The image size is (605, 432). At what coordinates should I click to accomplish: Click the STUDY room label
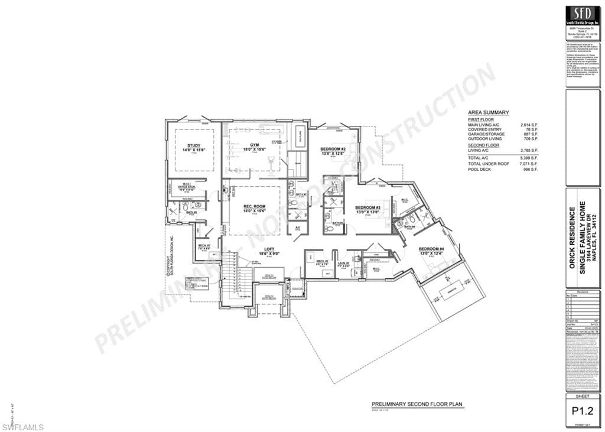[x=194, y=145]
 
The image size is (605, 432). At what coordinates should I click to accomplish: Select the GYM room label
[x=255, y=145]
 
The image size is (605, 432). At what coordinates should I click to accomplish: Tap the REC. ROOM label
[x=255, y=207]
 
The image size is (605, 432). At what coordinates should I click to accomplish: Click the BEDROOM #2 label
[x=333, y=149]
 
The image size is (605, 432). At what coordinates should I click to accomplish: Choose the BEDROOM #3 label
[x=367, y=208]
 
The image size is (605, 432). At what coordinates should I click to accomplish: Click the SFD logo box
[x=583, y=15]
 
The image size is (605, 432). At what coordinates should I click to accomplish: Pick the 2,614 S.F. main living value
[x=529, y=125]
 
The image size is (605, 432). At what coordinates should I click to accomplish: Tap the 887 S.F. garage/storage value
[x=531, y=135]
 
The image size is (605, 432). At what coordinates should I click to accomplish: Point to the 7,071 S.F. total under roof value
[x=529, y=164]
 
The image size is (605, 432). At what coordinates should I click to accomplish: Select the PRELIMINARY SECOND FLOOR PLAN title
[x=417, y=404]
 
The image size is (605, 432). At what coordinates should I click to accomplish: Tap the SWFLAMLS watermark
[x=22, y=426]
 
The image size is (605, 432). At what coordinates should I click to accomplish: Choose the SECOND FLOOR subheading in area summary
[x=483, y=145]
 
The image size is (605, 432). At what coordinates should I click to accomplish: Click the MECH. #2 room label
[x=321, y=262]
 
